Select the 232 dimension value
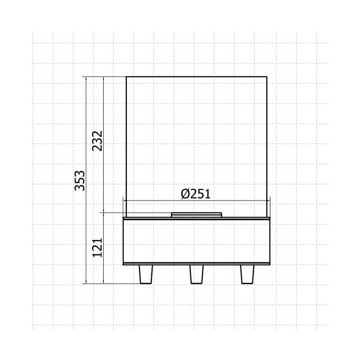pos(98,141)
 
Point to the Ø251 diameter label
pos(196,194)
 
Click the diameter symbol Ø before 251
pos(186,194)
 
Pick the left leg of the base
pos(146,274)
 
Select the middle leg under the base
pos(197,274)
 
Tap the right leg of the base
pos(248,274)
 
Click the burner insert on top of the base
pos(197,214)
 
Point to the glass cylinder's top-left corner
pos(126,76)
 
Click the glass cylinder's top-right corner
pos(267,76)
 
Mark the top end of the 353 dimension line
pos(85,76)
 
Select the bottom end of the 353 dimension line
pos(85,284)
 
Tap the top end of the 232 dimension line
pos(103,76)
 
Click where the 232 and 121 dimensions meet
pos(103,213)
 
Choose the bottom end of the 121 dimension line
pos(103,284)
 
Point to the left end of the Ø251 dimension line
pos(123,201)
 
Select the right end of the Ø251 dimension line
pos(270,201)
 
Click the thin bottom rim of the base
pos(197,264)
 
